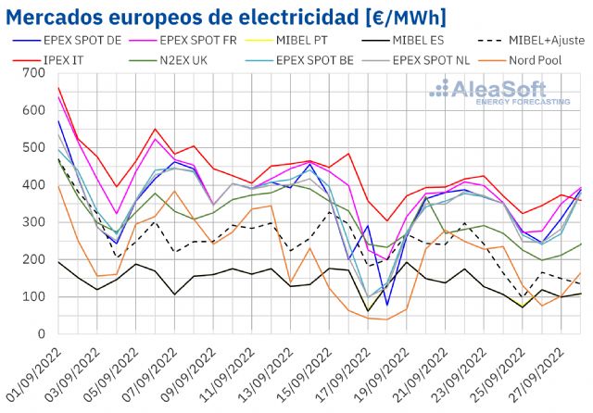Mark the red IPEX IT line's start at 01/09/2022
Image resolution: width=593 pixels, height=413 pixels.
[57, 88]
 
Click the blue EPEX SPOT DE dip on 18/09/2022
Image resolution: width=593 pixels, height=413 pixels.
[387, 305]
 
